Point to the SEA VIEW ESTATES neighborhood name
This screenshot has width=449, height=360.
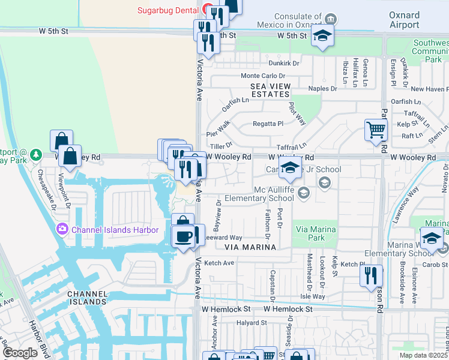pos(271,90)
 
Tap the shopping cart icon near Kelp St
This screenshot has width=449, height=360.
pos(376,129)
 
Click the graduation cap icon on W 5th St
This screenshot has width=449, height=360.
pos(322,36)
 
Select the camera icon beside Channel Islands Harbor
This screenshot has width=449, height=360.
pos(62,229)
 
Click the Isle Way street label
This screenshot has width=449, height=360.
pos(312,296)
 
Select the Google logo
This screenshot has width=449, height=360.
pos(20,353)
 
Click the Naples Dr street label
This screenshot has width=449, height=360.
pos(322,89)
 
